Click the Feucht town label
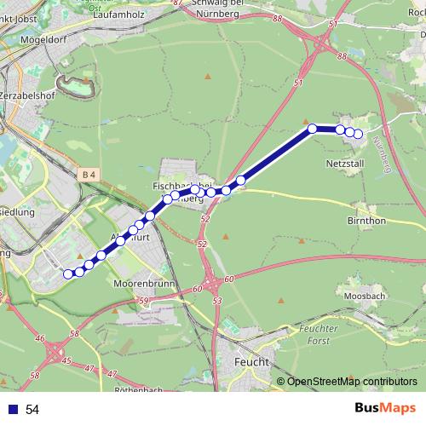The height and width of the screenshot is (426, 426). click(x=250, y=362)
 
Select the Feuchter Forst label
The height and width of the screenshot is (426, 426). click(x=313, y=333)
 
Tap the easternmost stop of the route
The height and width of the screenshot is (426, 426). click(x=358, y=134)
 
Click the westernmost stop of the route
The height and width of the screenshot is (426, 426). click(x=68, y=273)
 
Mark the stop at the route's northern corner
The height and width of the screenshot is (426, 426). click(x=313, y=128)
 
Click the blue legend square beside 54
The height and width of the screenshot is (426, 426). click(x=14, y=410)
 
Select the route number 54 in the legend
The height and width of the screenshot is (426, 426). click(x=32, y=410)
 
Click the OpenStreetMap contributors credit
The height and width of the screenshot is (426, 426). click(x=352, y=381)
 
